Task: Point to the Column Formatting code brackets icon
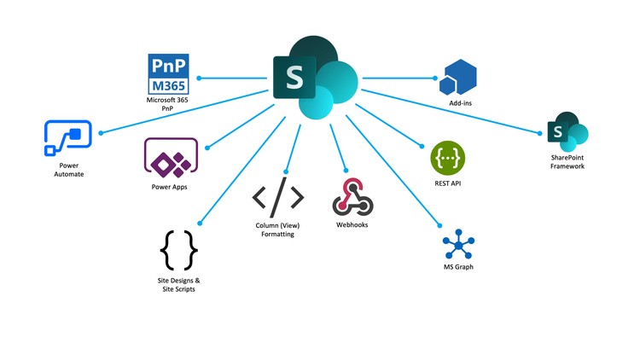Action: pyautogui.click(x=277, y=198)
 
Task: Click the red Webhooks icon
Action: pyautogui.click(x=352, y=197)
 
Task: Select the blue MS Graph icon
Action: pyautogui.click(x=458, y=246)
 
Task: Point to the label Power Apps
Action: pyautogui.click(x=168, y=186)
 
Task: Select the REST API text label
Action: pyautogui.click(x=449, y=182)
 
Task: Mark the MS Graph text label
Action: pyautogui.click(x=458, y=267)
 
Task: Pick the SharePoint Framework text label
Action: pyautogui.click(x=568, y=161)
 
